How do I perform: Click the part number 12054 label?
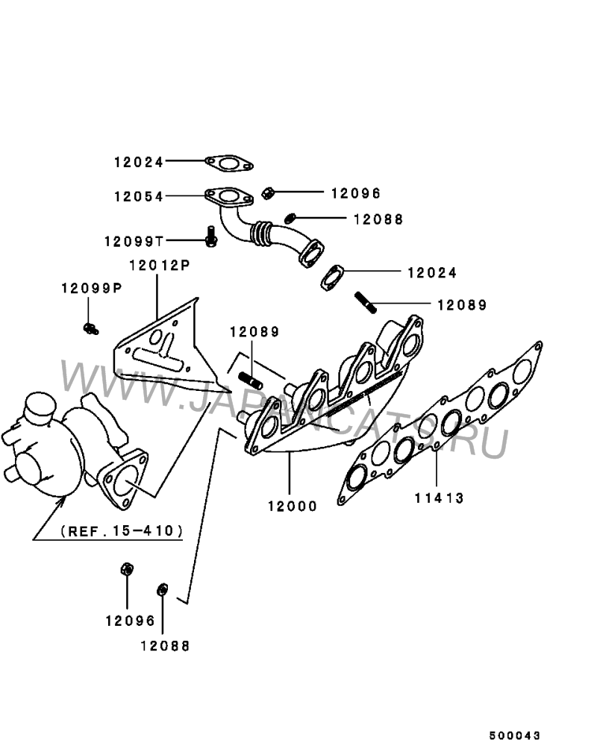click(x=139, y=197)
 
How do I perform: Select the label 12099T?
click(x=134, y=241)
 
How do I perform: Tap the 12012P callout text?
click(x=160, y=265)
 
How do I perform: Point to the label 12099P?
click(x=91, y=288)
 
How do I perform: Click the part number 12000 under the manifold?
click(x=293, y=506)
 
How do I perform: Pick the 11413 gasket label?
click(x=439, y=498)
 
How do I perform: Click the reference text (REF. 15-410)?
click(x=122, y=531)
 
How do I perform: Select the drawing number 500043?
click(x=515, y=736)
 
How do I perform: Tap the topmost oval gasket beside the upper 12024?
click(x=229, y=163)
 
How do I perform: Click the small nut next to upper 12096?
click(x=268, y=193)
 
